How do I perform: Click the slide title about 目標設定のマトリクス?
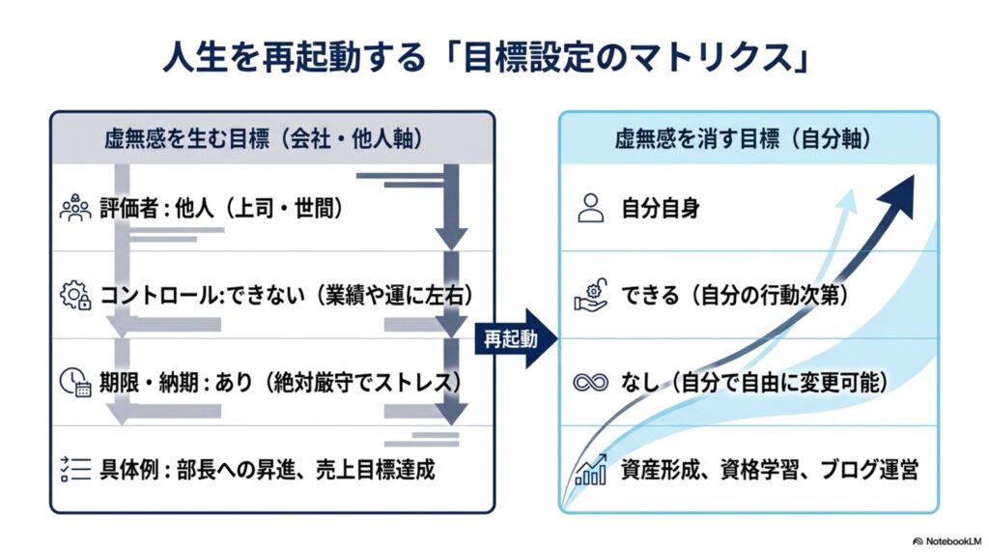[487, 58]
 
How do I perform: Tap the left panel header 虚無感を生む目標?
[264, 138]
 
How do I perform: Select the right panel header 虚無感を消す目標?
[744, 138]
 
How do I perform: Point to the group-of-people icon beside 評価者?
[75, 208]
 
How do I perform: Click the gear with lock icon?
[75, 295]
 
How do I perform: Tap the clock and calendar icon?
[75, 382]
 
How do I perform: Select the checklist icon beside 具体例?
[75, 469]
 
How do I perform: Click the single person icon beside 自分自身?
[591, 208]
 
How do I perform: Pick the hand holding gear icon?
[591, 295]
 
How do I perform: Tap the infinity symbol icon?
[591, 382]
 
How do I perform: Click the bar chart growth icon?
[591, 469]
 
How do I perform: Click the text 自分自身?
[661, 208]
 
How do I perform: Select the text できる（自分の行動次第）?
[735, 295]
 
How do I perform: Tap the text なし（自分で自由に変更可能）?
[754, 382]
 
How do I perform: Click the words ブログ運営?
[868, 469]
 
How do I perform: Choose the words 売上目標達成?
[375, 469]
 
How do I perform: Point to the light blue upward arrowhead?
[847, 199]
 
